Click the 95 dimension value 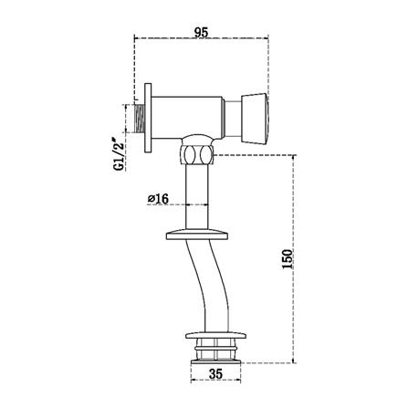pyautogui.click(x=202, y=32)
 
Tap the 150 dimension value pyautogui.click(x=287, y=259)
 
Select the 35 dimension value pyautogui.click(x=215, y=374)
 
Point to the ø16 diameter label pyautogui.click(x=158, y=199)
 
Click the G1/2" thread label pyautogui.click(x=119, y=154)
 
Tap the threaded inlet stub pyautogui.click(x=140, y=119)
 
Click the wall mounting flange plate pyautogui.click(x=148, y=118)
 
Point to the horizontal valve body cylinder pyautogui.click(x=188, y=118)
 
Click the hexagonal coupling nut pyautogui.click(x=197, y=155)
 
